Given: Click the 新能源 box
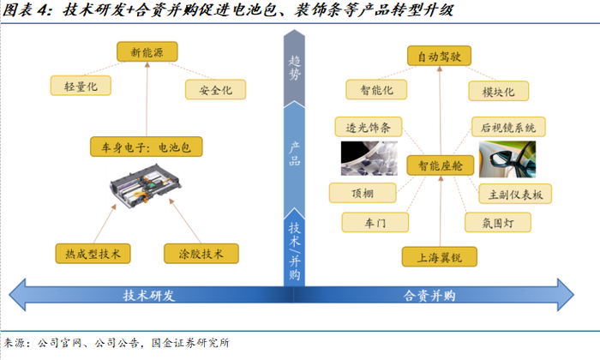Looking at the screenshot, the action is [x=146, y=52].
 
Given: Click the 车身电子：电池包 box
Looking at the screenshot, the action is [x=146, y=147].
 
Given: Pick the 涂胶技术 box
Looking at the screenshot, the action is [x=201, y=254].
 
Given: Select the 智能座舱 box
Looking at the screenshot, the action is [x=439, y=165].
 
